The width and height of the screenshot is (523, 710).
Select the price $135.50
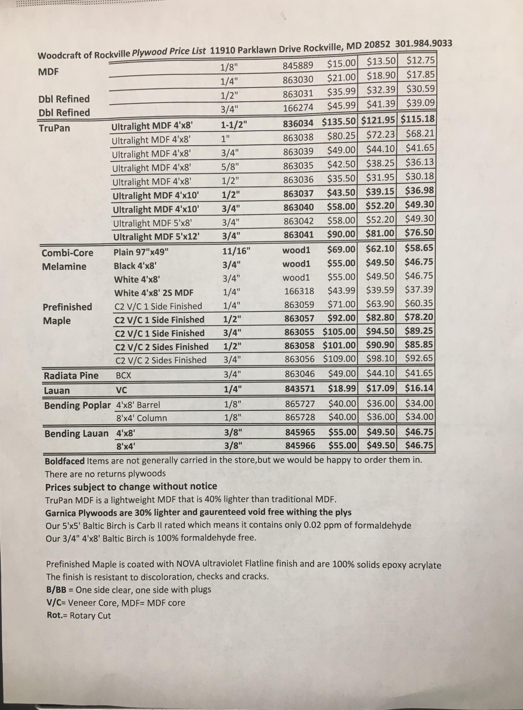click(339, 122)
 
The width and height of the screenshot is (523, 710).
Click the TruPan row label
click(54, 128)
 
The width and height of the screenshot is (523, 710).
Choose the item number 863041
click(299, 235)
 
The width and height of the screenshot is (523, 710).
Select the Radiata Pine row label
click(71, 376)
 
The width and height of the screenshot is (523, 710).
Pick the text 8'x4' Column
click(141, 418)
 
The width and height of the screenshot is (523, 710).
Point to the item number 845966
click(300, 445)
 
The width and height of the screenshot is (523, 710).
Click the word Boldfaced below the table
click(65, 461)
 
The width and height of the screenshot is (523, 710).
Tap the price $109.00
click(339, 359)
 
